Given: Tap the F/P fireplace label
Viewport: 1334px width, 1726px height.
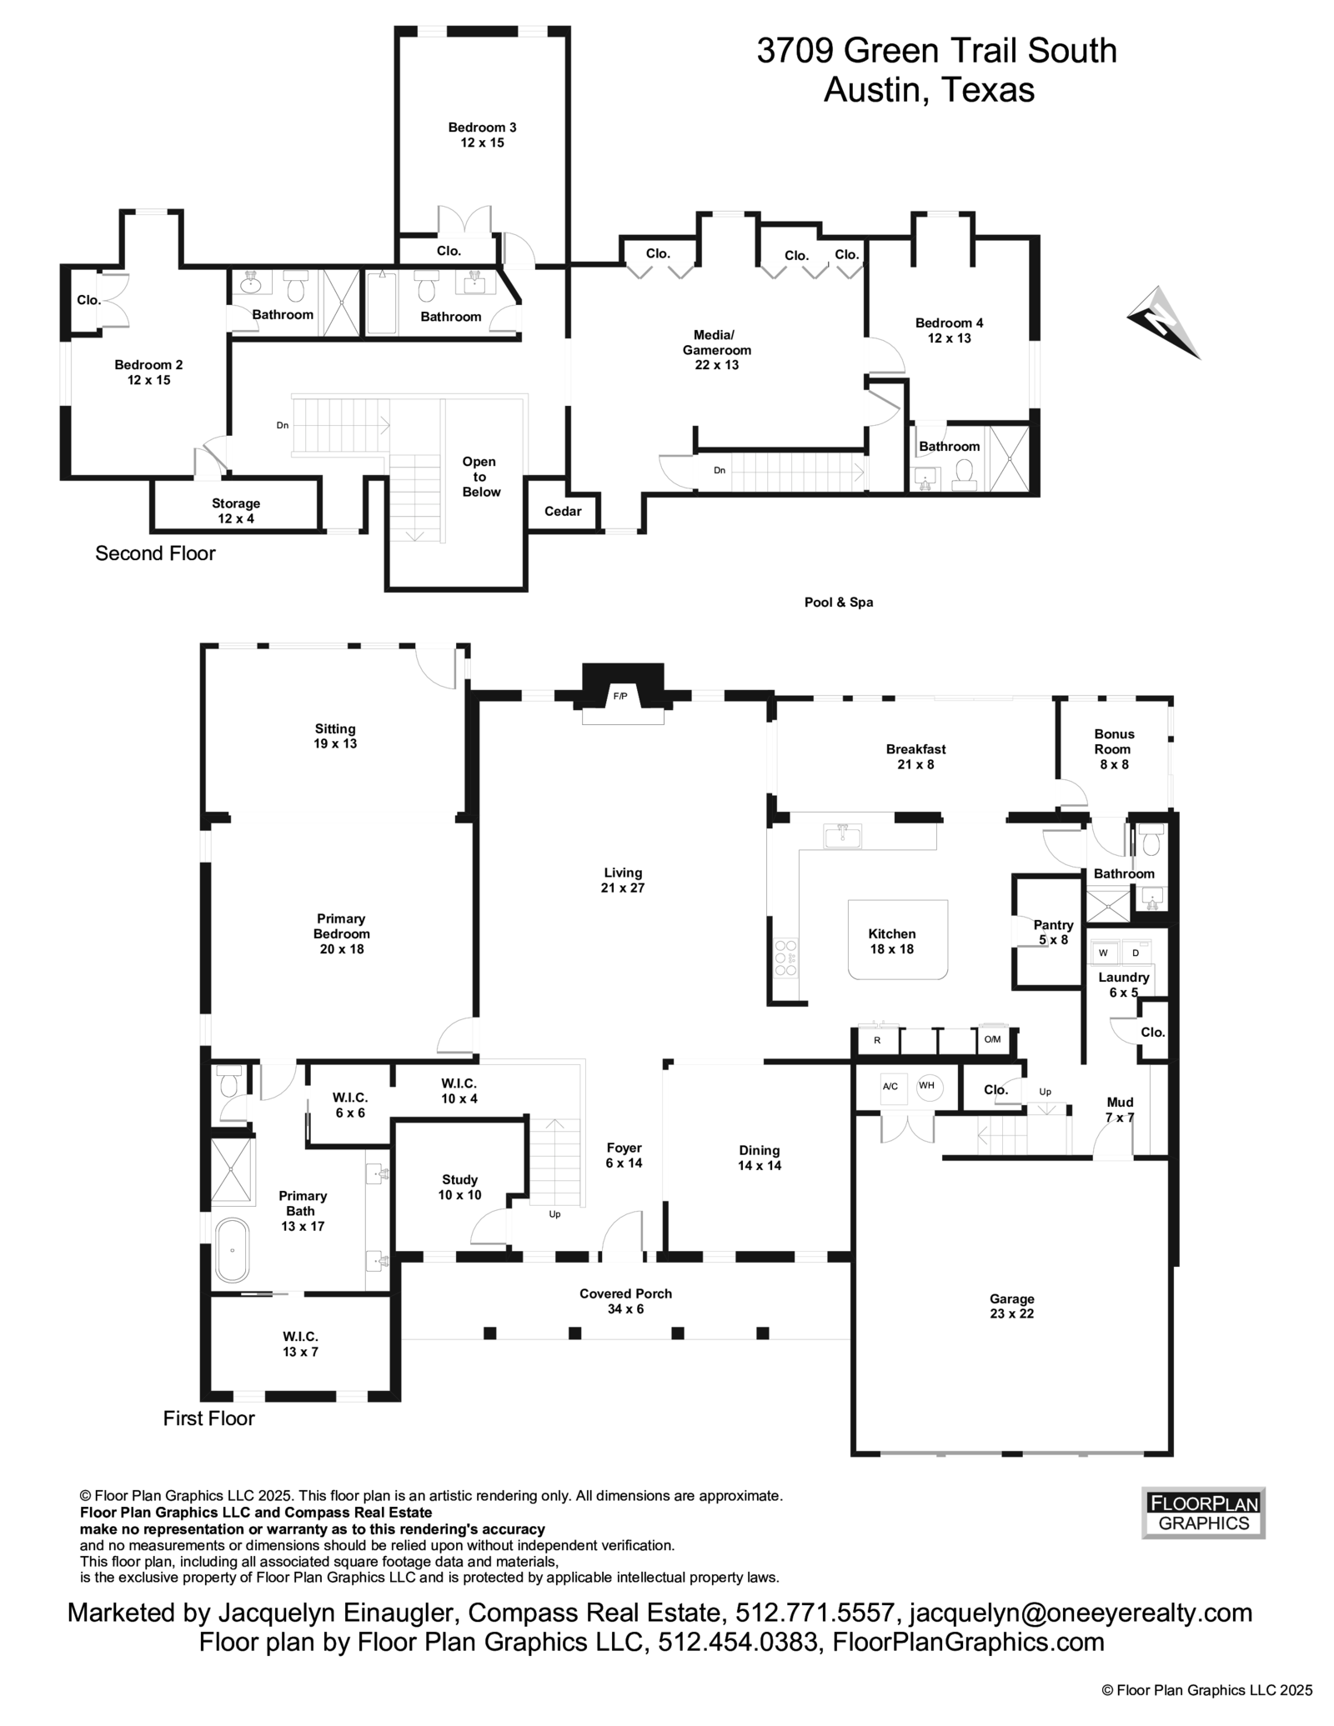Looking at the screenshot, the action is (620, 695).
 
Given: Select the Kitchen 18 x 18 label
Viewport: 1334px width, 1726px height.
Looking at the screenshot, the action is (891, 941).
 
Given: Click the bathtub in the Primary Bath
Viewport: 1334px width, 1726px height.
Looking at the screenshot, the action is (233, 1250).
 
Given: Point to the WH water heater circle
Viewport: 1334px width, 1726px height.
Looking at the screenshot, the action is (926, 1085).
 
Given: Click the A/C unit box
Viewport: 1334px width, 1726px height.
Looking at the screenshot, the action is (890, 1086).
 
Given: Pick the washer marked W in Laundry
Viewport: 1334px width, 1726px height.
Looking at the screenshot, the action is (1103, 953).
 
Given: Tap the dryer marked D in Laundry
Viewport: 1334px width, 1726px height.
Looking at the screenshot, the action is (1135, 953).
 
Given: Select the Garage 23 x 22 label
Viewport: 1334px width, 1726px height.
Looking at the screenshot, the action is (1011, 1306).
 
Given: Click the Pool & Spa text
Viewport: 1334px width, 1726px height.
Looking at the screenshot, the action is (838, 602).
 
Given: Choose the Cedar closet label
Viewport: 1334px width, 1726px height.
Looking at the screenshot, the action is (563, 511).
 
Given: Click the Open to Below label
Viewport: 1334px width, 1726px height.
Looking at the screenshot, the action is (480, 477).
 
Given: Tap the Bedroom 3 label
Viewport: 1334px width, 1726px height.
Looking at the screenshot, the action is (482, 134).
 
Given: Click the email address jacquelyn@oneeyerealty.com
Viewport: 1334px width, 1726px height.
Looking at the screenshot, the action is (1081, 1613).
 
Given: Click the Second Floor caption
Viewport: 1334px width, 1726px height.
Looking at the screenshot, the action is (155, 553).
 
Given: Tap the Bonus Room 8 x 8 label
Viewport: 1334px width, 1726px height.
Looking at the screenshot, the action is (1114, 748).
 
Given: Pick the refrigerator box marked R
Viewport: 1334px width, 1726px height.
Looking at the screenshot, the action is (877, 1040).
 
